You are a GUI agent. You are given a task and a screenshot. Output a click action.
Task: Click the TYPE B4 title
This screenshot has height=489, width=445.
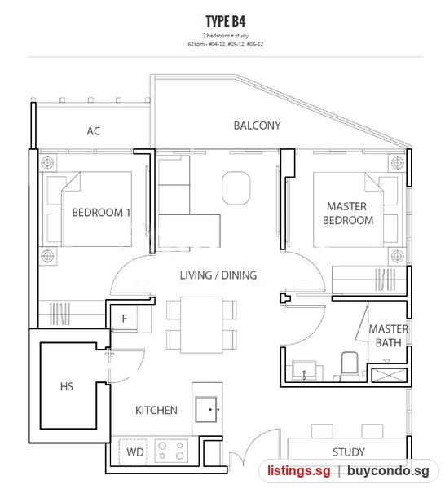[x=226, y=21]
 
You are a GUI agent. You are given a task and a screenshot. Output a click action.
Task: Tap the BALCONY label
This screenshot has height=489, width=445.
[x=257, y=126]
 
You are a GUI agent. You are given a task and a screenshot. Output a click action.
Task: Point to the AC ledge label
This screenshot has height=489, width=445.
[x=94, y=131]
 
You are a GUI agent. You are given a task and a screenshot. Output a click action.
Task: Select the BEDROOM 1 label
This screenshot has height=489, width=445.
[x=101, y=213]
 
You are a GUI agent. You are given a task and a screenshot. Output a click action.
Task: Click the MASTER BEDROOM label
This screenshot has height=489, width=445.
[x=348, y=214]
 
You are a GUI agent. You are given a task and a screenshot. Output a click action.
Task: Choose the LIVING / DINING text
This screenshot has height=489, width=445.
[x=218, y=275]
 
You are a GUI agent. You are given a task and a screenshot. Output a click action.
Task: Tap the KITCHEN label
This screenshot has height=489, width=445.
[x=156, y=410]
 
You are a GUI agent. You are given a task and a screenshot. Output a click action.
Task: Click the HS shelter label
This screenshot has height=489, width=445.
[x=66, y=386]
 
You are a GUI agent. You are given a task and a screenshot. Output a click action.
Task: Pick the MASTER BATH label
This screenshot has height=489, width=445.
[x=388, y=336]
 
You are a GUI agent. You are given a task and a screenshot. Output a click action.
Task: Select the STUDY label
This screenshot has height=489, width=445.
[x=348, y=452]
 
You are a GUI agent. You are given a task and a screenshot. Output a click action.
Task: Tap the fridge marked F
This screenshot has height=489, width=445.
[x=125, y=319]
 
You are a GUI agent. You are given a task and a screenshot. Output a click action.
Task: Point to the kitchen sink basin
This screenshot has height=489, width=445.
[x=206, y=409]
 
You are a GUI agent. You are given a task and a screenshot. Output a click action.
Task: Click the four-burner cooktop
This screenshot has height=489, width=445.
[x=171, y=451]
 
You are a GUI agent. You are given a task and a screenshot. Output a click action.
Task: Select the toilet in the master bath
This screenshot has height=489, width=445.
[x=350, y=366]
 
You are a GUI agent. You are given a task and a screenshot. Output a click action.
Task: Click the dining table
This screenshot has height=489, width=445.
[x=201, y=325]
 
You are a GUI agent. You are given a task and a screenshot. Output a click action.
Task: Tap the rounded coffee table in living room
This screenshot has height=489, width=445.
[x=236, y=187]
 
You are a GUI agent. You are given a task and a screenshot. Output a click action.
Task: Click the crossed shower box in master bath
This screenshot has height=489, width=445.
[x=390, y=375]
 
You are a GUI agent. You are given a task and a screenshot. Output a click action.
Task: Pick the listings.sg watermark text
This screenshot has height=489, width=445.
[x=299, y=470]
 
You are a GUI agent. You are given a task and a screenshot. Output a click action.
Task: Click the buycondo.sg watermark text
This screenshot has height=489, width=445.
[x=389, y=471]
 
